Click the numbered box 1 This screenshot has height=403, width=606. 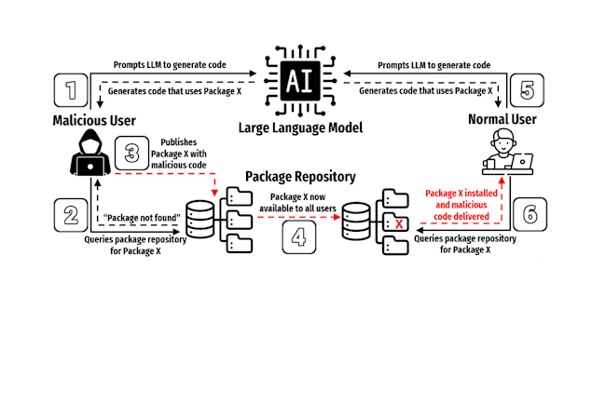point(71,90)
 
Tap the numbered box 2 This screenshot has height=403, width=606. point(71,215)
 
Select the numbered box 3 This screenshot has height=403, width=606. point(131,153)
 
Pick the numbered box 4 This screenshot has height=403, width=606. point(298,236)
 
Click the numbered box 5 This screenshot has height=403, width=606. point(527,90)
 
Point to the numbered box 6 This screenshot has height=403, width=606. point(530,214)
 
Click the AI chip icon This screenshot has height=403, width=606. point(300,81)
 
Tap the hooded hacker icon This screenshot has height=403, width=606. point(90,153)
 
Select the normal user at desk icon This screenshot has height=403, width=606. point(508,152)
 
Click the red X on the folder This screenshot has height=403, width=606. point(399,223)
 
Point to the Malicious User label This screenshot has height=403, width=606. point(94,120)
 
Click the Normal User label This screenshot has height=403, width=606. point(502,119)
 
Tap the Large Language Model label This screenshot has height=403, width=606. point(300,128)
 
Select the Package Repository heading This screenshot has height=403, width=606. point(300,177)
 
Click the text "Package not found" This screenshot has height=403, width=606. point(142,218)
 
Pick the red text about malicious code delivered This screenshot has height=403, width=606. point(461,205)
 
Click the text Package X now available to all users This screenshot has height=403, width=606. point(297,203)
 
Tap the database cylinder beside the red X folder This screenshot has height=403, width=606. point(356,222)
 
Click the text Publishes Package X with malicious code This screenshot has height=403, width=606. point(179,154)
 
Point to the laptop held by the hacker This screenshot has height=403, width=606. point(90,167)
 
